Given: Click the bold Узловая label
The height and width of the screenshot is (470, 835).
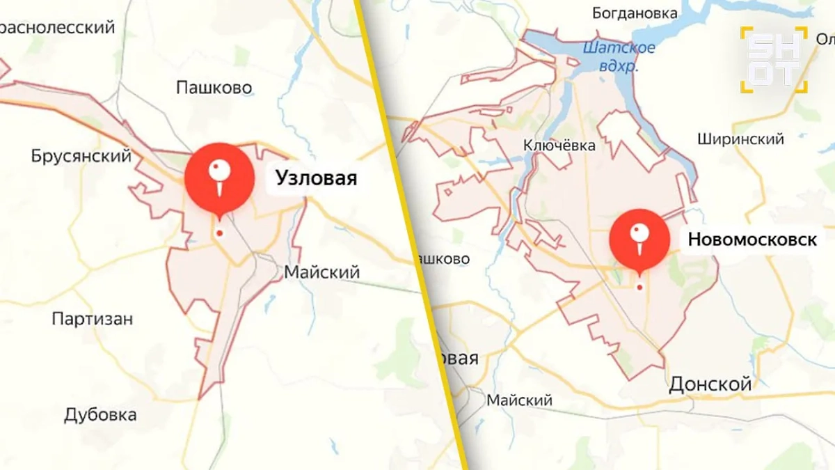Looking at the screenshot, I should pos(316,178).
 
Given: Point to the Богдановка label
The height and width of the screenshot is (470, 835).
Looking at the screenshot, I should pos(635,13).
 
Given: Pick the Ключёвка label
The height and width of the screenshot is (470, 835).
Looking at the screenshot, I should pos(560,146).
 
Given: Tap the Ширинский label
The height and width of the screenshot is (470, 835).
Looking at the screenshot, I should pos(740,139).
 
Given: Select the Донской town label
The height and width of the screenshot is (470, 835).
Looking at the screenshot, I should pos(710,384).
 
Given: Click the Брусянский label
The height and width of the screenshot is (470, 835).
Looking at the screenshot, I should pos(81,156).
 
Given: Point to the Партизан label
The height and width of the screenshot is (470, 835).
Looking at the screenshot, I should pos(93,319).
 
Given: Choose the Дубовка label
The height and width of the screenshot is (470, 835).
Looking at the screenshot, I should pos(100,416).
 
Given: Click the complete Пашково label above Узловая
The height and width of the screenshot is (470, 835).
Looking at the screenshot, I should pos(214,88).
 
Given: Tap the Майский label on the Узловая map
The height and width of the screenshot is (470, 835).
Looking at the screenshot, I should pos(321,272).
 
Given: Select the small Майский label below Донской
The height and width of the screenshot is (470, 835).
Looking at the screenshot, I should pos(519,400).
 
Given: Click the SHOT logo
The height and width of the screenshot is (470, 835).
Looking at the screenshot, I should pos(774,59).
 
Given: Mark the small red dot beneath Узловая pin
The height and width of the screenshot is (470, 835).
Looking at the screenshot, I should pos(220,233).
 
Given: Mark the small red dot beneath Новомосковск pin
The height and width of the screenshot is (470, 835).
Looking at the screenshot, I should pos(639,287).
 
